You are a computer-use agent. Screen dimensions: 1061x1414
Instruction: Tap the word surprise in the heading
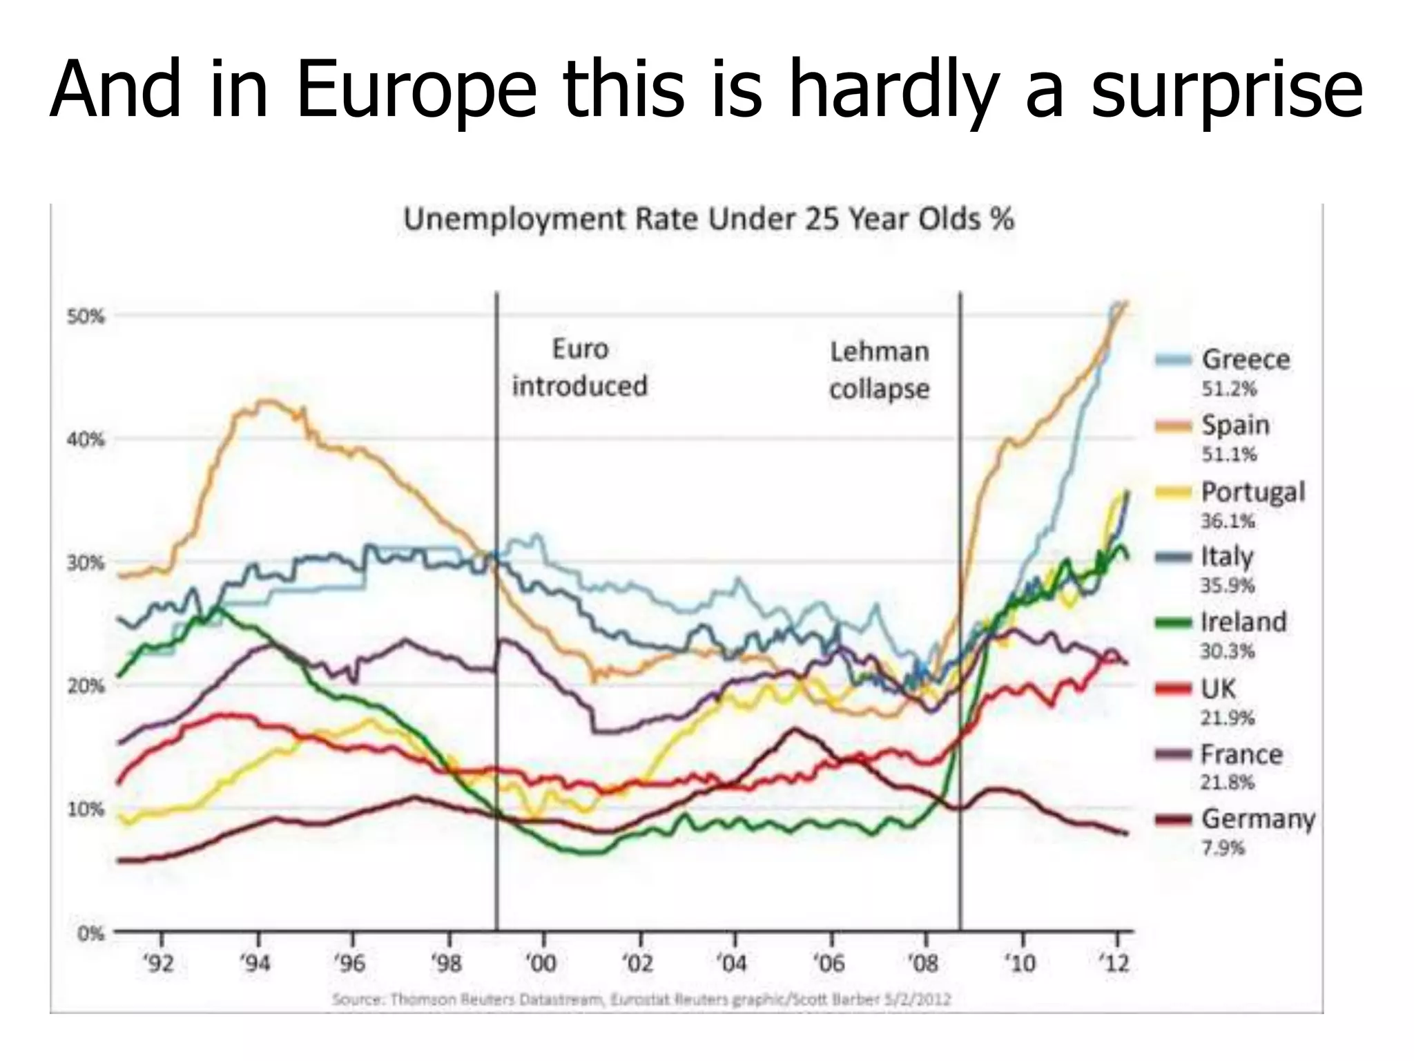(x=1227, y=90)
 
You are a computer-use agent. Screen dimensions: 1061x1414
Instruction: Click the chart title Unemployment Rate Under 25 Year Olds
(x=708, y=220)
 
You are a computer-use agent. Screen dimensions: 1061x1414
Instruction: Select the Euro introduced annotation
(x=580, y=367)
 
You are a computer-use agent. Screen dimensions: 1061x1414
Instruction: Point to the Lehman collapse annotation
(x=879, y=370)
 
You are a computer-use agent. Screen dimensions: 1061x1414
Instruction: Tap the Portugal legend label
(x=1252, y=492)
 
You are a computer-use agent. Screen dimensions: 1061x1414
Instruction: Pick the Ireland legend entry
(x=1243, y=622)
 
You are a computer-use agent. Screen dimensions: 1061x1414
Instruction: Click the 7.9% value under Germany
(x=1223, y=848)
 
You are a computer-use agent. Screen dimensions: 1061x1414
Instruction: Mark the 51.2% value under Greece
(x=1229, y=389)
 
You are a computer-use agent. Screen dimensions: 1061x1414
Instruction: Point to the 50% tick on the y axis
(x=86, y=317)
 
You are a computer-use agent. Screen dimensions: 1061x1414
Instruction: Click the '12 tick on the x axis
(x=1116, y=963)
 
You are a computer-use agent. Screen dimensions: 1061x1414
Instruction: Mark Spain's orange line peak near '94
(x=266, y=401)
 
